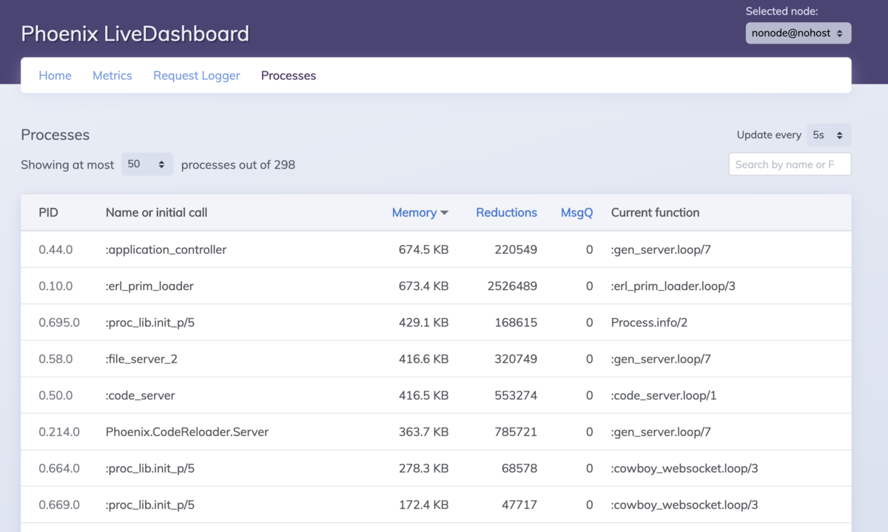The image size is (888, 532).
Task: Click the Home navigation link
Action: [55, 75]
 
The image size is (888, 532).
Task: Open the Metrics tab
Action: [112, 75]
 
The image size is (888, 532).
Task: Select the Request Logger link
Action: [197, 75]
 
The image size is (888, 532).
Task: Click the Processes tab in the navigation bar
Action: [288, 75]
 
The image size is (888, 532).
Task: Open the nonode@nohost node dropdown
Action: [798, 33]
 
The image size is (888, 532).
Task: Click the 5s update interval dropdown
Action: [829, 135]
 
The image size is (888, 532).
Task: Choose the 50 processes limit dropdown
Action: [147, 164]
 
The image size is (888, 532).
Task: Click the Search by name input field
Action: [790, 164]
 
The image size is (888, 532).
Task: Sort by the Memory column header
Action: [420, 212]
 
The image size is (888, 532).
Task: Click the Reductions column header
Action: [506, 212]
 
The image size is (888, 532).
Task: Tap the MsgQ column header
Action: [576, 212]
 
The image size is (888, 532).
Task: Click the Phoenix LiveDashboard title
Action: [135, 33]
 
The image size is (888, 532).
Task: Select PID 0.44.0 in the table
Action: [55, 249]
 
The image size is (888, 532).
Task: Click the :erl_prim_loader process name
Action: [149, 286]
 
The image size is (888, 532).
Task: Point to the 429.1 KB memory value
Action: [423, 323]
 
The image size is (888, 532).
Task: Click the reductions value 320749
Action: [516, 359]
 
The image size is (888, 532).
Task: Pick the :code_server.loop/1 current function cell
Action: [664, 395]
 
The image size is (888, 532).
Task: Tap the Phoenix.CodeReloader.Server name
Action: [186, 431]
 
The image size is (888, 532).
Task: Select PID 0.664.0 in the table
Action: [59, 468]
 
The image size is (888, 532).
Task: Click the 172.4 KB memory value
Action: [423, 505]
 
